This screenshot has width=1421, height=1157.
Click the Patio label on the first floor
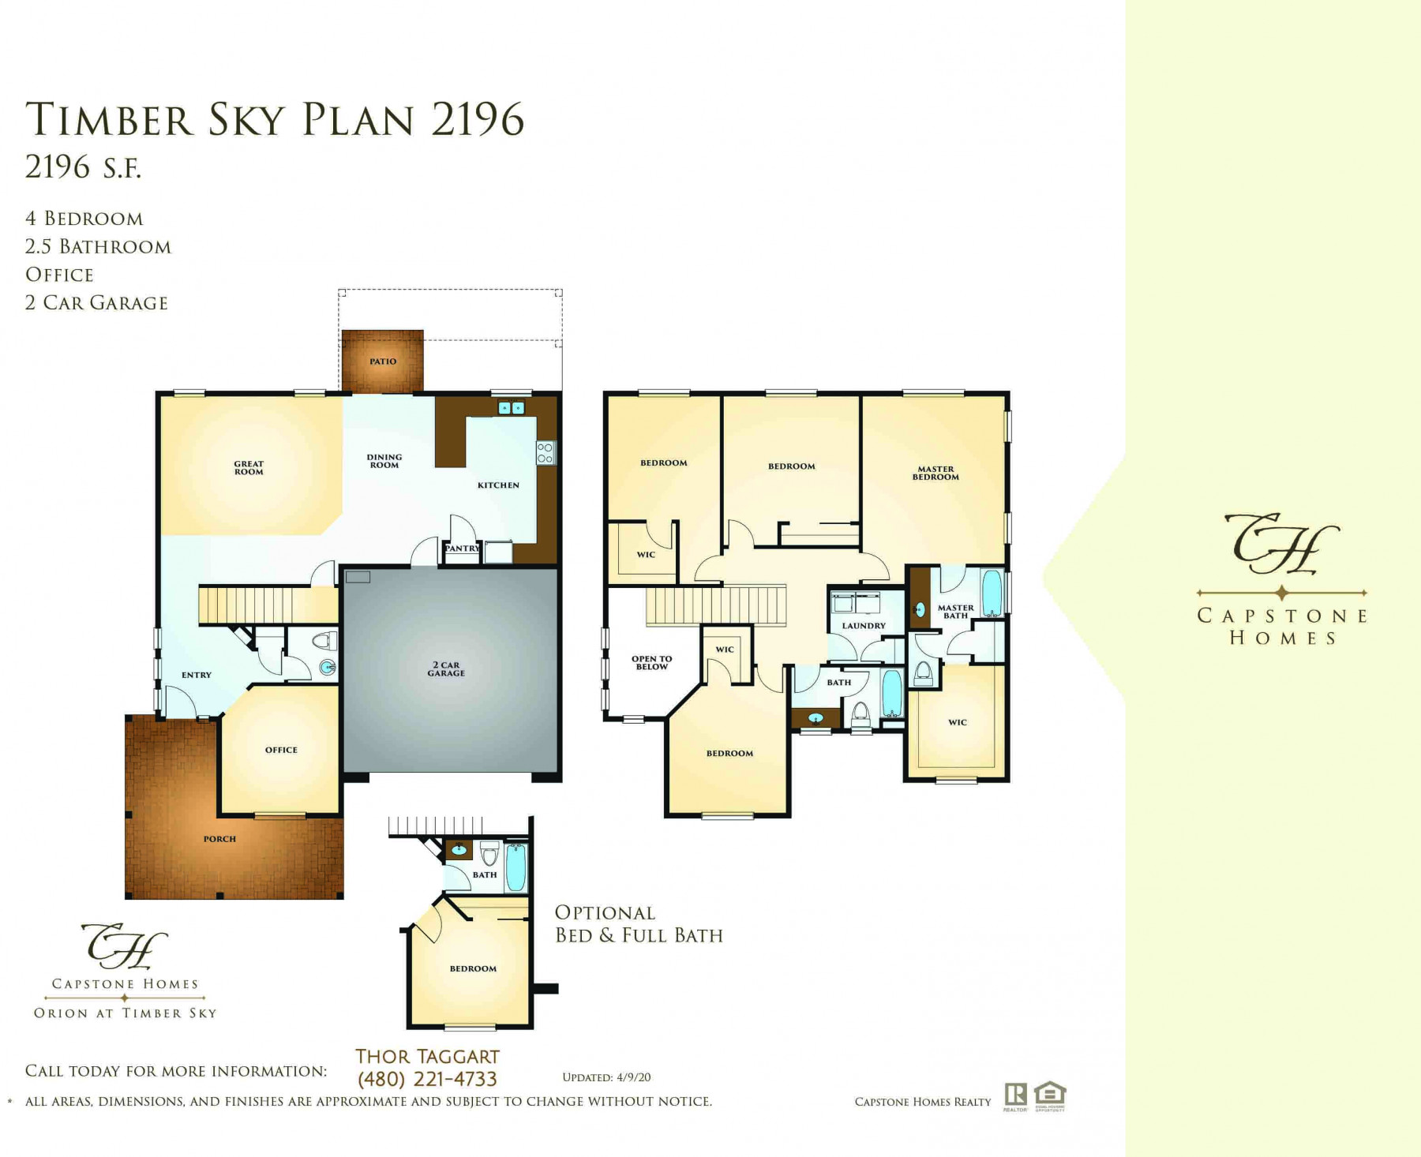coord(383,361)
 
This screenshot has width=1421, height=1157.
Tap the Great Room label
coord(249,468)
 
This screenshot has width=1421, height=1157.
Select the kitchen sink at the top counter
coord(512,408)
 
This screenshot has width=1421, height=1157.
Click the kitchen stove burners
coord(546,453)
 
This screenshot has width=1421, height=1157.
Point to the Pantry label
coord(462,549)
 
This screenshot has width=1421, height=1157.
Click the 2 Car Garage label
coord(446,669)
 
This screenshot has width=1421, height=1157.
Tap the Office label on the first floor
coord(281,750)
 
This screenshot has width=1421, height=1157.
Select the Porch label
coord(219,839)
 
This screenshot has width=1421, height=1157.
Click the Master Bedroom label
coord(935,473)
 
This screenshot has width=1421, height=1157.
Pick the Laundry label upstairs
coord(864,626)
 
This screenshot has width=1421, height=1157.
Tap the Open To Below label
coord(652,663)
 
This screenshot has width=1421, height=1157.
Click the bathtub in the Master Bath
coord(992,593)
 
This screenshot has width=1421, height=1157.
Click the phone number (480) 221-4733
coord(427,1079)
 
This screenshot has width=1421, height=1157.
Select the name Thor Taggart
coord(427,1057)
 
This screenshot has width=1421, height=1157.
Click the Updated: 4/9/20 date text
coord(606,1077)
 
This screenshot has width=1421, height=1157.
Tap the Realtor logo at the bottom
coord(1015,1097)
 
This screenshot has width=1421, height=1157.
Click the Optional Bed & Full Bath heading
coord(639,924)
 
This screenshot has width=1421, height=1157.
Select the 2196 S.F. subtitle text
coord(83,167)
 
